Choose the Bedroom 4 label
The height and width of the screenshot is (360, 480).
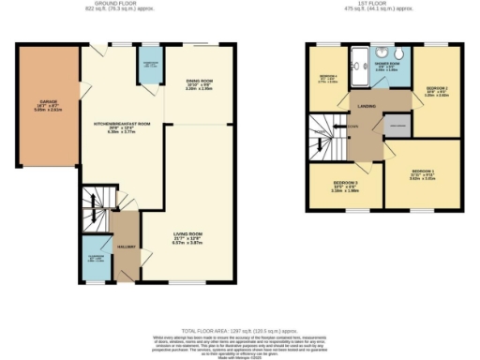pos(328,79)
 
